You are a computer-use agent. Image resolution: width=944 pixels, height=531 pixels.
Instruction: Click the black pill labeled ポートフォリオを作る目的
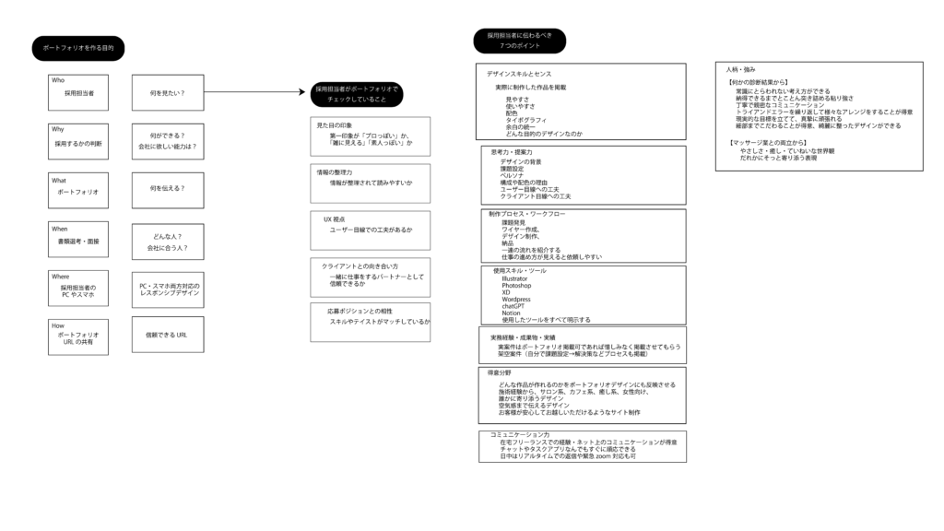(x=78, y=48)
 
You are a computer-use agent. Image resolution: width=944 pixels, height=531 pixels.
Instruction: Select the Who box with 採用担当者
(x=78, y=92)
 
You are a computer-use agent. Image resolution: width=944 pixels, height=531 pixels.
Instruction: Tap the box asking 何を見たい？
(x=167, y=92)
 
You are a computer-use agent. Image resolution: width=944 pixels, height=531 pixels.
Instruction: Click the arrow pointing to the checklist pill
(x=254, y=92)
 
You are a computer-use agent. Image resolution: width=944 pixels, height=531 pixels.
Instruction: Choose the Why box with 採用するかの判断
(x=78, y=141)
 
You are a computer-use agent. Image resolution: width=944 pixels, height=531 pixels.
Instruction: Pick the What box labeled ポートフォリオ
(x=78, y=190)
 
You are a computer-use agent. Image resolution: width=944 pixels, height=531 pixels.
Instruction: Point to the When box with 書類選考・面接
(x=78, y=239)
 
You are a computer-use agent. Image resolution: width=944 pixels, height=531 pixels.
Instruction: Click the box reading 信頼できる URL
(x=167, y=336)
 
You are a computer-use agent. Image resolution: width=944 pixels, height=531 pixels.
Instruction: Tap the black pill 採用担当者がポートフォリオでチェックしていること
(x=357, y=94)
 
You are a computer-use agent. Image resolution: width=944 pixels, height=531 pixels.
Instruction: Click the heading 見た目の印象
(x=335, y=125)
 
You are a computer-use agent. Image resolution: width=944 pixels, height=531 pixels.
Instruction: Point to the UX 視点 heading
(x=334, y=219)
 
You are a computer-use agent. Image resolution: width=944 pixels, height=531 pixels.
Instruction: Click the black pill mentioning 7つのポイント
(x=520, y=41)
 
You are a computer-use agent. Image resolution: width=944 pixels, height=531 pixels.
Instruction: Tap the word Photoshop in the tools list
(x=516, y=286)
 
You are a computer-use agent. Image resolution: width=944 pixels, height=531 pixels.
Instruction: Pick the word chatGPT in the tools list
(x=513, y=306)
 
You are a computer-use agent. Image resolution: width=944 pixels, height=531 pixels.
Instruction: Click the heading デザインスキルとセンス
(x=519, y=73)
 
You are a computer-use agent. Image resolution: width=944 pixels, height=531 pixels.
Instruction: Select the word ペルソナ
(x=512, y=175)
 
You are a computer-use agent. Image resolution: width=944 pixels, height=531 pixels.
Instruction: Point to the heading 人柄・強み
(x=740, y=69)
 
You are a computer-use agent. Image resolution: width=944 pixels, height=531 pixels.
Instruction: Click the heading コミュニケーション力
(x=520, y=434)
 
